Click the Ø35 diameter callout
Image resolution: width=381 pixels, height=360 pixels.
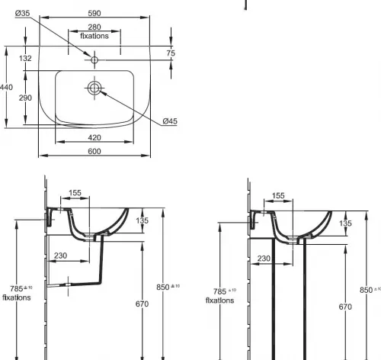[22, 13]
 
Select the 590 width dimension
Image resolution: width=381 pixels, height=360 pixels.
[94, 13]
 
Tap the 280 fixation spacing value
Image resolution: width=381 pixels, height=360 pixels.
[94, 27]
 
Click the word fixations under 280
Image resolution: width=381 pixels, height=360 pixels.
[94, 36]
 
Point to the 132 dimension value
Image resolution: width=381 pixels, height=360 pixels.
[25, 58]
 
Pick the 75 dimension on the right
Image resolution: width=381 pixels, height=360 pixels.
[171, 53]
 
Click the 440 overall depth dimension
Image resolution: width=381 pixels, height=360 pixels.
[6, 88]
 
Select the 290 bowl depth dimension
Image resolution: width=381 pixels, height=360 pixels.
[25, 98]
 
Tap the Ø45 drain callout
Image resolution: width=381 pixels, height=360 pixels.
[170, 121]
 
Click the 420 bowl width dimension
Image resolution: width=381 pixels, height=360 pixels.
[94, 137]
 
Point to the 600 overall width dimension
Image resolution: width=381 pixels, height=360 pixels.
[94, 151]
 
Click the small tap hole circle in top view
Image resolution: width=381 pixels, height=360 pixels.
[94, 60]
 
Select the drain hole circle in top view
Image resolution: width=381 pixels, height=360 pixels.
[94, 88]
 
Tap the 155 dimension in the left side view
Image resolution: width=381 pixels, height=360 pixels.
[75, 193]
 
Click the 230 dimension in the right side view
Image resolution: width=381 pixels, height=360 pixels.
[264, 259]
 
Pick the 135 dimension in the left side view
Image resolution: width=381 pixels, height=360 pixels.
[142, 220]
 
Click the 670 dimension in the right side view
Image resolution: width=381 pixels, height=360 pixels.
[345, 307]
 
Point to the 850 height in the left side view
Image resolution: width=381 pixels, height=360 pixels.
[168, 287]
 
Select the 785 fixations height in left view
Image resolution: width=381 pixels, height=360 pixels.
[21, 288]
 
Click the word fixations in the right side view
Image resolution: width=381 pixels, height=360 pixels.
[219, 301]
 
